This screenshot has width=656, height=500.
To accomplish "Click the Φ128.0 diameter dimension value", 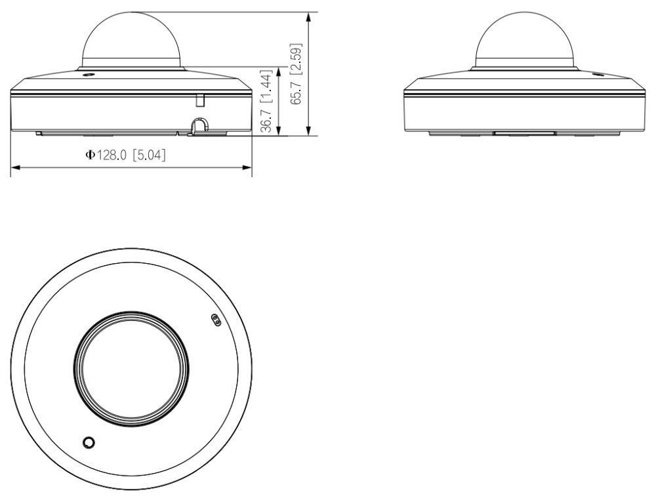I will [x=110, y=156].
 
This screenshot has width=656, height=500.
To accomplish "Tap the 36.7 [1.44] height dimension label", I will [x=266, y=101].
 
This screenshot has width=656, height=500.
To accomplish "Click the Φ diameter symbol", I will [x=90, y=156].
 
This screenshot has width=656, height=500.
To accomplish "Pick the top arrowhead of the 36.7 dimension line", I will [x=280, y=69].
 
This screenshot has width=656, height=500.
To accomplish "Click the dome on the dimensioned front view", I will [x=131, y=39].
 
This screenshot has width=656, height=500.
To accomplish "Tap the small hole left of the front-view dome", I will [x=87, y=73].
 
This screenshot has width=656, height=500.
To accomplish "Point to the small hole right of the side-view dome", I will [x=598, y=73].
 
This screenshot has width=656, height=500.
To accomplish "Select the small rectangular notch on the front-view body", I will [x=201, y=99].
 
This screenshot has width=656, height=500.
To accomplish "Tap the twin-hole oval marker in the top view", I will [x=213, y=320].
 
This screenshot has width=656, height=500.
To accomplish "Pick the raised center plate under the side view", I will [x=523, y=133].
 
